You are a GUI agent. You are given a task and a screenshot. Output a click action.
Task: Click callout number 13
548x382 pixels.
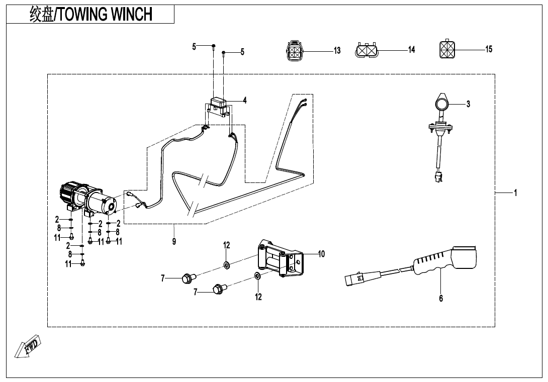click(x=337, y=51)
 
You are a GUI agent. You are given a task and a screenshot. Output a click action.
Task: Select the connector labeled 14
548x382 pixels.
click(x=366, y=50)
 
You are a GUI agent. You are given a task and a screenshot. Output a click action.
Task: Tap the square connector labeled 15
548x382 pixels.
click(x=447, y=49)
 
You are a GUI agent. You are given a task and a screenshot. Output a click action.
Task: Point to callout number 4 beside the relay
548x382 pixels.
click(x=245, y=101)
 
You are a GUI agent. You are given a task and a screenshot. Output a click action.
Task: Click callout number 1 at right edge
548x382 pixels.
click(x=515, y=193)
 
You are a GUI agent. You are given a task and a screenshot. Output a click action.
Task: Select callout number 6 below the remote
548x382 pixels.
click(x=441, y=298)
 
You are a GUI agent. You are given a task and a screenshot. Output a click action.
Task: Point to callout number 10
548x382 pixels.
click(x=321, y=254)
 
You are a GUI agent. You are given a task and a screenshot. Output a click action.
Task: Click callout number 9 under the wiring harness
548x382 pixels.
click(x=174, y=241)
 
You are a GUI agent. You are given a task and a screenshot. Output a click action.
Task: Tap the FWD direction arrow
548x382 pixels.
click(x=28, y=346)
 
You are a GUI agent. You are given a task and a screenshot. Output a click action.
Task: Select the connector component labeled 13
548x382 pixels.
click(x=295, y=50)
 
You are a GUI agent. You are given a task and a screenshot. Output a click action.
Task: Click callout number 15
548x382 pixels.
click(x=489, y=49)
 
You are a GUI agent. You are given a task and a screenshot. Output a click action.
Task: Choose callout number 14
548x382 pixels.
click(x=411, y=50)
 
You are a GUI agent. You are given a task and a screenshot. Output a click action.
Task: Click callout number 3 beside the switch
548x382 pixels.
click(x=468, y=104)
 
